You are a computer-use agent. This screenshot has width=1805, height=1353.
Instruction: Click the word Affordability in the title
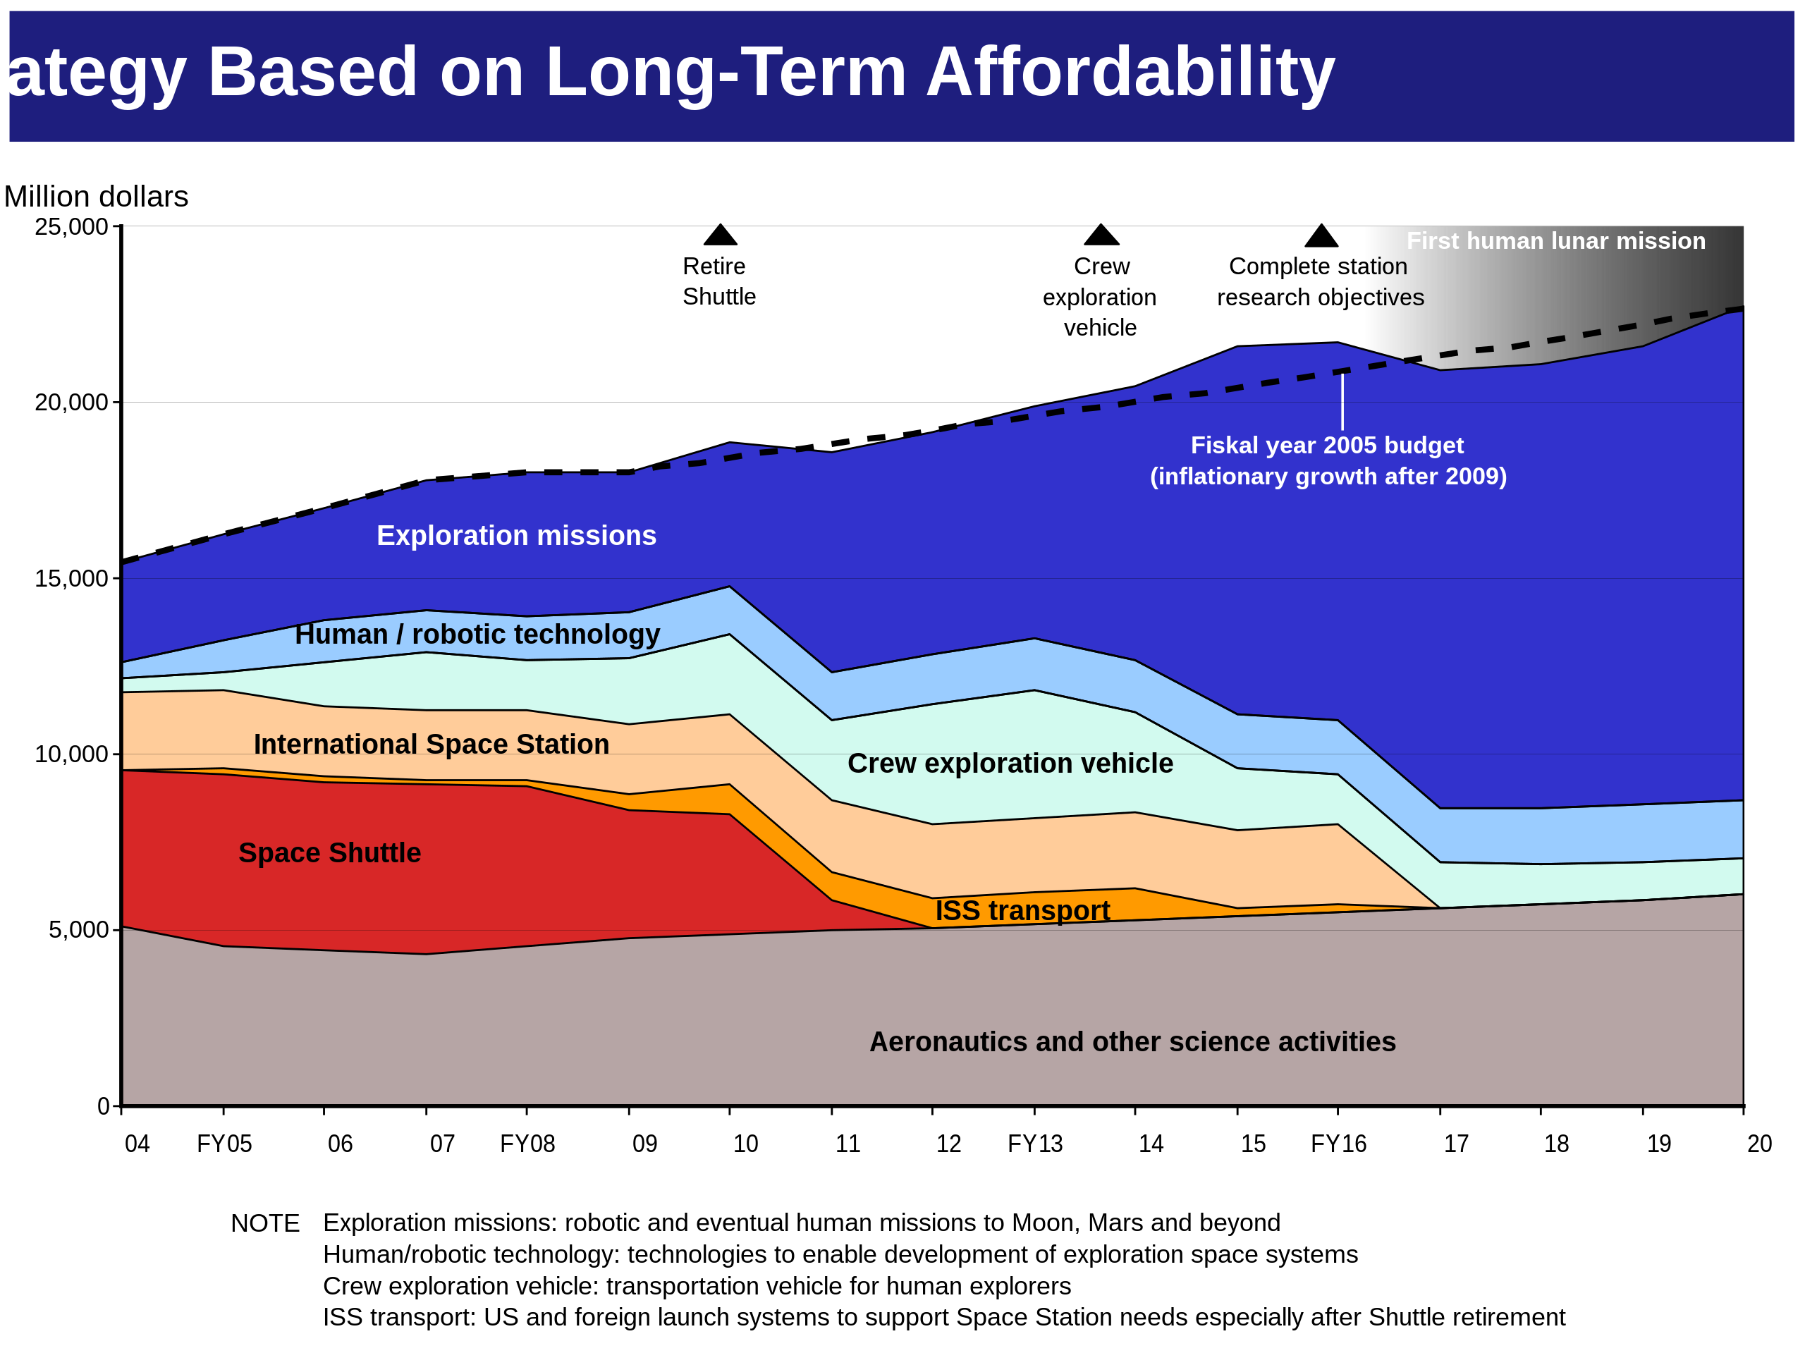1130,72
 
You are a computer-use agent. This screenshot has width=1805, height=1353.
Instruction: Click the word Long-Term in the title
726,72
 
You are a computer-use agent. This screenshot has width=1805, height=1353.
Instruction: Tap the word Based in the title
312,72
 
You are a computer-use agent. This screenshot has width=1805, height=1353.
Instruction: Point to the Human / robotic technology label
477,634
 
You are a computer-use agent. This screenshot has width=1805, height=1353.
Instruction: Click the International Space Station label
431,745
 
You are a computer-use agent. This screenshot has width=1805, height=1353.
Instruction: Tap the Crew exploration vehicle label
1010,763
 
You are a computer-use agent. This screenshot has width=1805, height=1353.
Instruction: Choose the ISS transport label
1022,910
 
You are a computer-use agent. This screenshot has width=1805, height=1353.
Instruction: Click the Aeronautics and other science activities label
1132,1041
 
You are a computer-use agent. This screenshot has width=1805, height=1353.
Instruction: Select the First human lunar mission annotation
1555,240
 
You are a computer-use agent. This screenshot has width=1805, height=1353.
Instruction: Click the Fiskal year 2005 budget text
1327,445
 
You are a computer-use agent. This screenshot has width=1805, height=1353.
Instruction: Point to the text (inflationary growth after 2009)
1328,476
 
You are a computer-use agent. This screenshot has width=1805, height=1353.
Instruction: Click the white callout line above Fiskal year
1342,401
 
